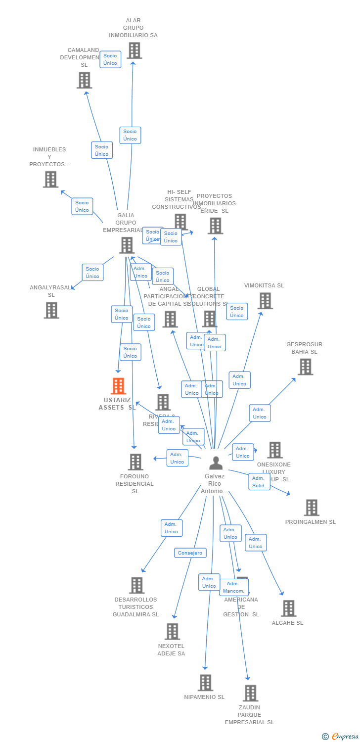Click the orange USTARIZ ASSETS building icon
pyautogui.click(x=118, y=386)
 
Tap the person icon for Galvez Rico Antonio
pyautogui.click(x=216, y=463)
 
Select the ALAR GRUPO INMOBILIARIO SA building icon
pyautogui.click(x=134, y=50)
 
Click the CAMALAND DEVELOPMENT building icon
pyautogui.click(x=85, y=80)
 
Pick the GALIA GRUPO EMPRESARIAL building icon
pyautogui.click(x=127, y=245)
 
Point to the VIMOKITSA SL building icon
pyautogui.click(x=265, y=301)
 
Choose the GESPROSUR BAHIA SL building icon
pyautogui.click(x=305, y=367)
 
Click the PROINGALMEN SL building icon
pyautogui.click(x=311, y=508)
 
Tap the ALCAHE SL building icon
pyautogui.click(x=288, y=608)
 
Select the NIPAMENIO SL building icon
pyautogui.click(x=205, y=683)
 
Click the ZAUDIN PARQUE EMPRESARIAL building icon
pyautogui.click(x=250, y=693)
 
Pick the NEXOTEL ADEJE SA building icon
pyautogui.click(x=172, y=632)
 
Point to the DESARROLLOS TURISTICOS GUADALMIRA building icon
pyautogui.click(x=136, y=585)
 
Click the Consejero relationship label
pyautogui.click(x=190, y=553)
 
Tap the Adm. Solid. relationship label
pyautogui.click(x=259, y=481)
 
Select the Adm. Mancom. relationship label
pyautogui.click(x=234, y=587)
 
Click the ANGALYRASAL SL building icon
pyautogui.click(x=51, y=310)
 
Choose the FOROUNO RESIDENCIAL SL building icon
pyautogui.click(x=135, y=462)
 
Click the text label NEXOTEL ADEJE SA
pyautogui.click(x=171, y=649)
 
